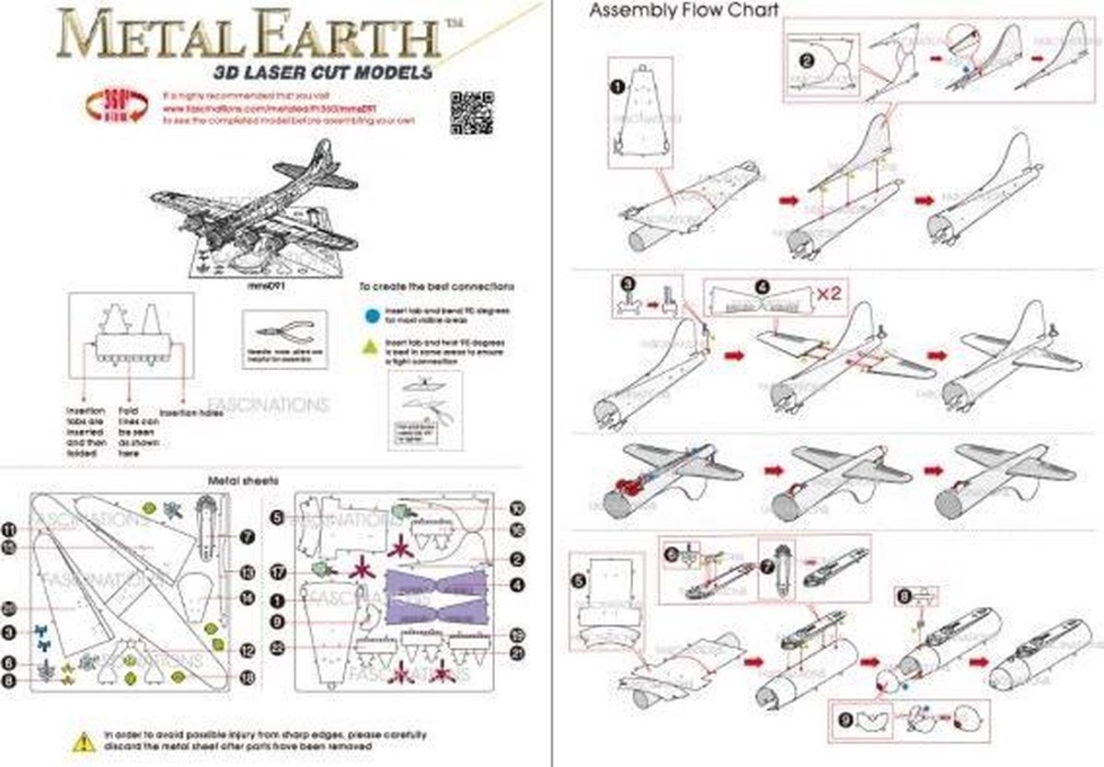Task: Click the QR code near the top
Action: click(472, 112)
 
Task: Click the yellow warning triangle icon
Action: click(84, 740)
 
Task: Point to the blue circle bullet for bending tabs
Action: click(369, 314)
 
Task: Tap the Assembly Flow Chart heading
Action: click(684, 12)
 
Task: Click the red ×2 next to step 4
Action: click(831, 294)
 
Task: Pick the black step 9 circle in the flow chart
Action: click(845, 718)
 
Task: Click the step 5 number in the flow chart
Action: click(578, 581)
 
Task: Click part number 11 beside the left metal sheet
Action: click(9, 529)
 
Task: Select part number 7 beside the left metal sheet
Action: click(247, 535)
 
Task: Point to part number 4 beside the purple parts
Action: click(517, 585)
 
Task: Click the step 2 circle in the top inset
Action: click(807, 62)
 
